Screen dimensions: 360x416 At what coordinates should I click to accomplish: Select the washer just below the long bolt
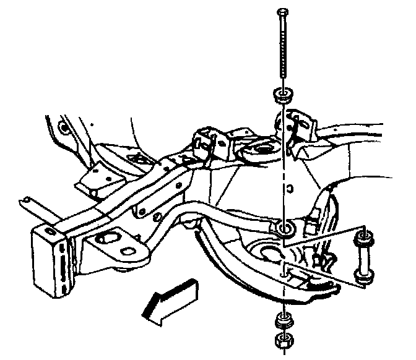pyautogui.click(x=283, y=96)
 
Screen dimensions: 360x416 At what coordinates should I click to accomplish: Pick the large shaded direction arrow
pyautogui.click(x=169, y=299)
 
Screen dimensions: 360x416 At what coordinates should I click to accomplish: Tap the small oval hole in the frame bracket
pyautogui.click(x=128, y=251)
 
